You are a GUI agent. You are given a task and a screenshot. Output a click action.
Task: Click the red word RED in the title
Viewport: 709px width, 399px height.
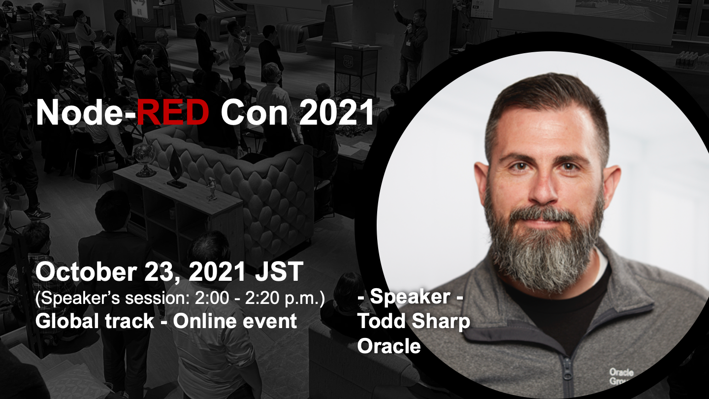coord(173,112)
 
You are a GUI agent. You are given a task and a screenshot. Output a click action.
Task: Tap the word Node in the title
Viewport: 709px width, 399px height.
coord(81,112)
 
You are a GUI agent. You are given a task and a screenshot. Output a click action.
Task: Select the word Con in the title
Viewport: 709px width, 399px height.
coord(254,112)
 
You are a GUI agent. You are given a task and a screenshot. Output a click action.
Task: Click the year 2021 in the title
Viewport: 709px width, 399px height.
coord(336,112)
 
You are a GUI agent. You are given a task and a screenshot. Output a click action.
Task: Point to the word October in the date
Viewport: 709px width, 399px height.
coord(86,271)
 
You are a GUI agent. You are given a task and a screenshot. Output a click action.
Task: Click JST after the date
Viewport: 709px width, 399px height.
coord(279,271)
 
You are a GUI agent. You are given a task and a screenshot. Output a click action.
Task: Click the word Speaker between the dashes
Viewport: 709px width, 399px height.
coord(410,298)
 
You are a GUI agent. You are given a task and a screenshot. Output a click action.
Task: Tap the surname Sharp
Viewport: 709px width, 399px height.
coord(441,322)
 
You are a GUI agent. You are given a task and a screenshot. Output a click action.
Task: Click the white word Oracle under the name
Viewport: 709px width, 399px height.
coord(389,346)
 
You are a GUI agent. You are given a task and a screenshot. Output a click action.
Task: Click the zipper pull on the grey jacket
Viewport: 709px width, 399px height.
coord(567,370)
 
